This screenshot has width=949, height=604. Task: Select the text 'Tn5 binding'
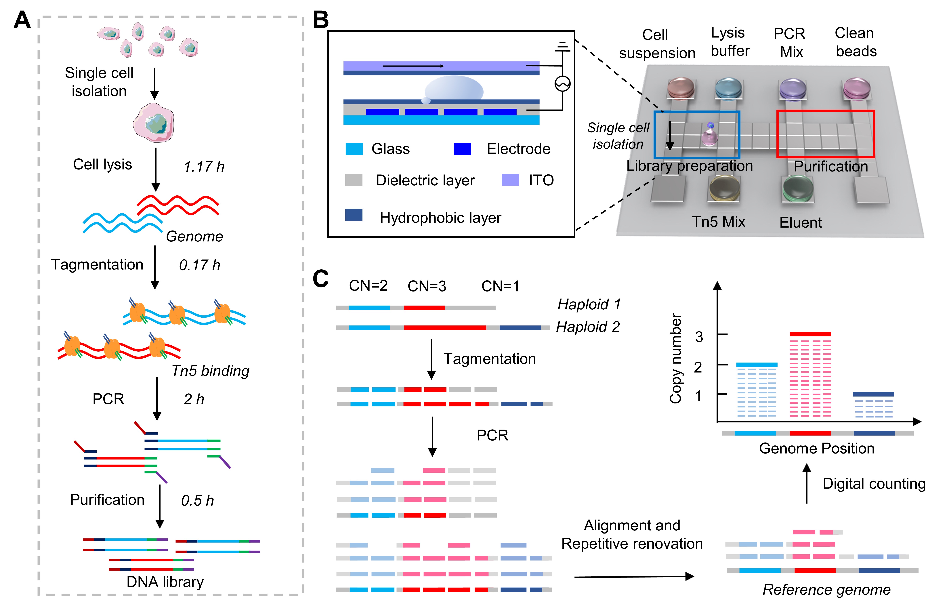point(210,371)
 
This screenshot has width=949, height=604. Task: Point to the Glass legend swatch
point(354,149)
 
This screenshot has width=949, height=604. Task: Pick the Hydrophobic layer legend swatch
point(354,215)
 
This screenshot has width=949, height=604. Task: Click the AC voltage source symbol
point(562,84)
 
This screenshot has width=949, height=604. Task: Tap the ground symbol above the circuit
point(562,47)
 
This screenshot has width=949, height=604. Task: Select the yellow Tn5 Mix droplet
point(724,188)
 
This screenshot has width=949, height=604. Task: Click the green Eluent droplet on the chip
point(798,188)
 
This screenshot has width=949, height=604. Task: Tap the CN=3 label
point(427,286)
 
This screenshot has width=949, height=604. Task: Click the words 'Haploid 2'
point(588,327)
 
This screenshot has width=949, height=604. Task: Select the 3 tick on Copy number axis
point(699,337)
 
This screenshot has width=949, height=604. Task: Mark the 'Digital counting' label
point(874,484)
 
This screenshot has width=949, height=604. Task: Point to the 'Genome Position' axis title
point(817,449)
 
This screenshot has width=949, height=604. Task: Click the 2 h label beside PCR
point(194,399)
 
